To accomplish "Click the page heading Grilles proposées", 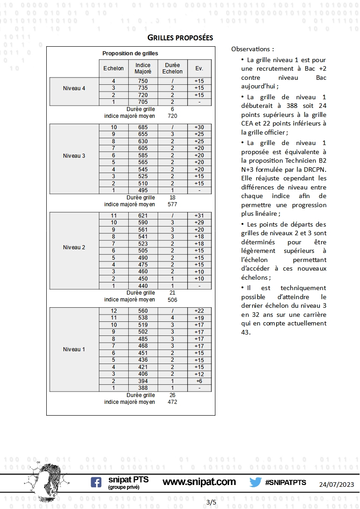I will point(180,37).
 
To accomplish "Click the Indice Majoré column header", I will point(143,68).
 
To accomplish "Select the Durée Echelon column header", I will point(172,68).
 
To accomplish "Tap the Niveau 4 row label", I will point(74,88).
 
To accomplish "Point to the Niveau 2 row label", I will point(74,247).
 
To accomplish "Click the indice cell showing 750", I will point(143,81).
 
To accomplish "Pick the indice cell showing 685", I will point(143,127).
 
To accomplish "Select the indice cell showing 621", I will point(143,216).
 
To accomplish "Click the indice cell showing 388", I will point(143,388).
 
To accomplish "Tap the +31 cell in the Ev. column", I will point(199,216).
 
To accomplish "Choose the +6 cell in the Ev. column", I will point(199,381).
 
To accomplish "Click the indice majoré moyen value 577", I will point(172,204).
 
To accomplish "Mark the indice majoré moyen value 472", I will point(172,402).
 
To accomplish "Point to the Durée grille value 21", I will point(172,293).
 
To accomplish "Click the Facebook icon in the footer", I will point(96,482).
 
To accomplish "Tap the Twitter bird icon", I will point(255,482).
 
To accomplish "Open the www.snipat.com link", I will point(199,482).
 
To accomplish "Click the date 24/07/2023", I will point(336,485).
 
